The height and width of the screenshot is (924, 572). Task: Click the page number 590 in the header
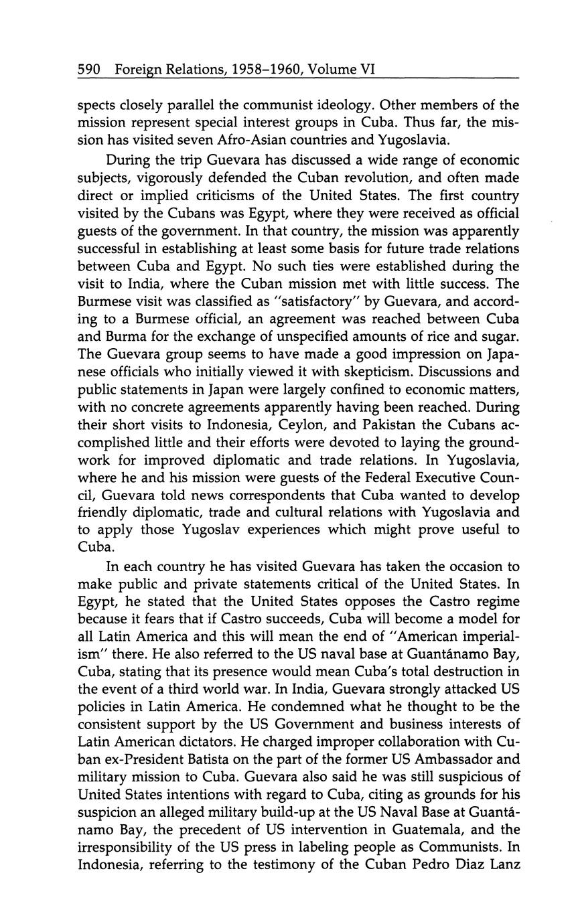tap(89, 69)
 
